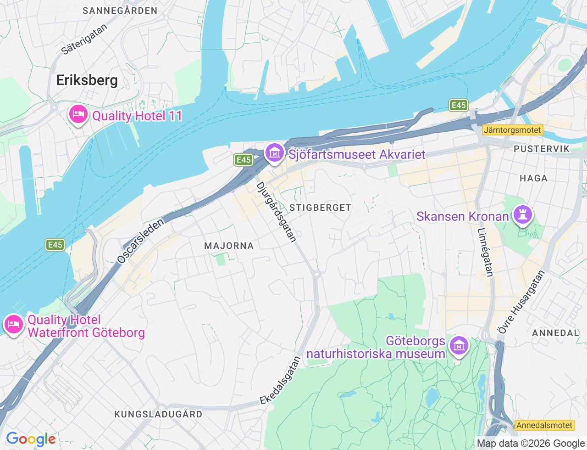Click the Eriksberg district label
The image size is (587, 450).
87,80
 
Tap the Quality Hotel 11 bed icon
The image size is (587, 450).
78,114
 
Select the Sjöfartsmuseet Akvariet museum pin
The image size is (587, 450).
274,152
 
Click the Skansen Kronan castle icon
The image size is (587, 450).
522,214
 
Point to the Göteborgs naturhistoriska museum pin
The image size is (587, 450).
459,345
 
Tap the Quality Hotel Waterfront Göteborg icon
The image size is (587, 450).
13,324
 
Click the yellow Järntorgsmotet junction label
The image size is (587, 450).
512,130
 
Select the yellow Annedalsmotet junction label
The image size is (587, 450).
544,425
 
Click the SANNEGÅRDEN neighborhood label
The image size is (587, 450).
120,11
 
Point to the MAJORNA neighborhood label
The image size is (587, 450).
229,246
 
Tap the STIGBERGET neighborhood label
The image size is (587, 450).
320,208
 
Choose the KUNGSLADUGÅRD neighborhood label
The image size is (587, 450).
158,414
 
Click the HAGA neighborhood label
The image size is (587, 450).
533,178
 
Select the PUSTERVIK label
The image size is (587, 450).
541,149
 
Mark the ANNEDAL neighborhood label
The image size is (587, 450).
555,333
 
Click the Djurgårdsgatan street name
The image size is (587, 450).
276,212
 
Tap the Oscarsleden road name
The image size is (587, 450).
140,241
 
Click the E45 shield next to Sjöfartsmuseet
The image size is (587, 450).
243,159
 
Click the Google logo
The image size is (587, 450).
31,439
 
